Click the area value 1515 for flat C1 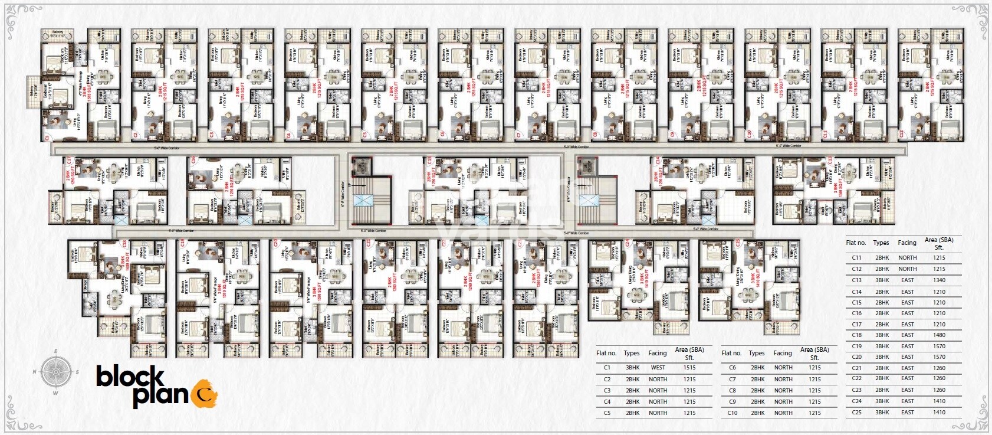coord(689,368)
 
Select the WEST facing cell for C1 coord(658,368)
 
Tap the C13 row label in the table coord(856,280)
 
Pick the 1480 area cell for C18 coord(939,335)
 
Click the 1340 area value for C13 coord(939,280)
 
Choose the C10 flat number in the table coord(732,413)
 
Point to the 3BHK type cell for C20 coord(882,357)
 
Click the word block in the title coord(130,376)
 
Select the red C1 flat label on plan coord(47,138)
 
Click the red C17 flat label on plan coord(69,161)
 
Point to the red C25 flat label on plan coord(738,243)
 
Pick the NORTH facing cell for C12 coord(907,269)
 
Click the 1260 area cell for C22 coord(939,378)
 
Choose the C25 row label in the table coord(856,413)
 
